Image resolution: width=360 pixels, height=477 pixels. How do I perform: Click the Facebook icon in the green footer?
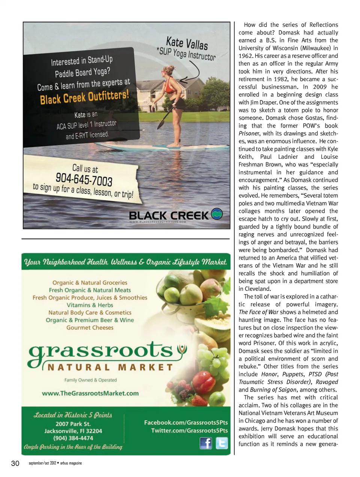(x=205, y=443)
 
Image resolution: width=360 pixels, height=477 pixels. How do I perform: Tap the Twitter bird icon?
(x=222, y=443)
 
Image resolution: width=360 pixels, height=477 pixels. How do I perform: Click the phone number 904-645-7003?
(x=84, y=179)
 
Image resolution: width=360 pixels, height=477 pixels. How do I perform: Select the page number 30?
(x=15, y=463)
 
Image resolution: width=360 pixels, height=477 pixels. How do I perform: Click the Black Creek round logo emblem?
(x=217, y=214)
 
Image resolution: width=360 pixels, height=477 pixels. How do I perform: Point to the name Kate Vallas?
(x=187, y=43)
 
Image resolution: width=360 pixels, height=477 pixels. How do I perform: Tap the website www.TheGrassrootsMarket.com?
(x=90, y=393)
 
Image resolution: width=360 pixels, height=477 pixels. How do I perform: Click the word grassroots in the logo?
(x=100, y=351)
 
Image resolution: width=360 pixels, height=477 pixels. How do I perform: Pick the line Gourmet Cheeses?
(x=90, y=327)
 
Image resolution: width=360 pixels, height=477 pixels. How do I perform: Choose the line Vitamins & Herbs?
(x=90, y=305)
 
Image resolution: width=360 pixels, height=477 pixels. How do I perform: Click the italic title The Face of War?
(x=258, y=312)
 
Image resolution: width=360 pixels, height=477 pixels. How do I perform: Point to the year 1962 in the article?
(x=245, y=56)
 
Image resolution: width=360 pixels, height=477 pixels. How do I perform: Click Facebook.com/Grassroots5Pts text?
(x=186, y=422)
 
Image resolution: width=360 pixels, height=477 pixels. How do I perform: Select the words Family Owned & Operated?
(x=90, y=380)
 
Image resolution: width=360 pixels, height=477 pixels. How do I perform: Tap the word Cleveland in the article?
(x=257, y=289)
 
